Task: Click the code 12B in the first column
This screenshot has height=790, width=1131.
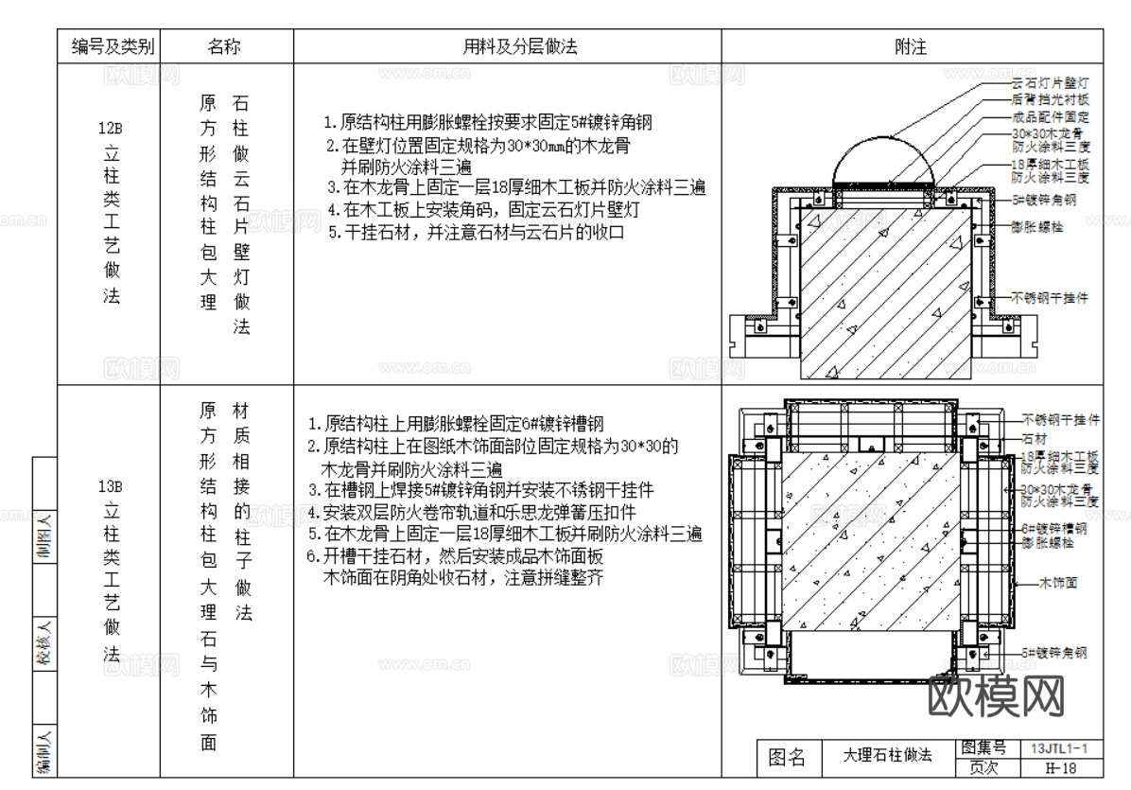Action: [x=111, y=128]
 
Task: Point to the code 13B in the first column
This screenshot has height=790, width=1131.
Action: [x=111, y=487]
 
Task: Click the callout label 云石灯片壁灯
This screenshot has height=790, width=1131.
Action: [x=1050, y=84]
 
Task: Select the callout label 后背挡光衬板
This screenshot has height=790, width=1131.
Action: [x=1050, y=100]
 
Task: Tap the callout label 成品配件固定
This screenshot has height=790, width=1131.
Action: [x=1050, y=117]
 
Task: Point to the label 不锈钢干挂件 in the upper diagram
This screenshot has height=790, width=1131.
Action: [x=1050, y=297]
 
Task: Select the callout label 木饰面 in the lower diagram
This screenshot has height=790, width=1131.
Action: [x=1058, y=583]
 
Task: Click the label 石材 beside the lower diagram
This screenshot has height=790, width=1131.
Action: [x=1033, y=440]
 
